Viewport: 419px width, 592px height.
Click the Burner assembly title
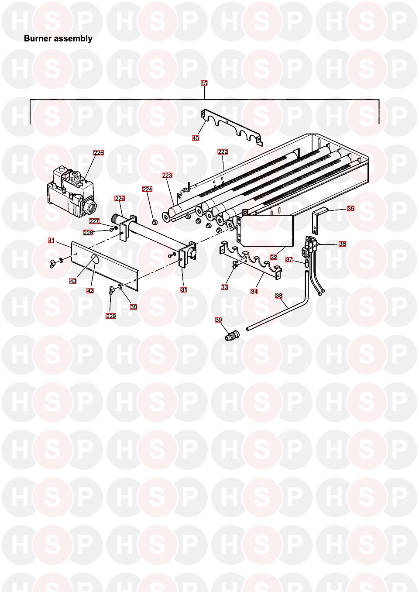[58, 38]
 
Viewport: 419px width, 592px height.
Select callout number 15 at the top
[204, 83]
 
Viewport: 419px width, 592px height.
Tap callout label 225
[99, 153]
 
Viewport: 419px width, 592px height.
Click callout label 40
[196, 138]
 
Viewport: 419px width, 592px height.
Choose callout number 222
[223, 152]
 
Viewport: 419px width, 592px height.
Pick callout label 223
[167, 176]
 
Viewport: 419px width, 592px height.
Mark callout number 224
[147, 189]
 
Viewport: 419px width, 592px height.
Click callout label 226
[120, 199]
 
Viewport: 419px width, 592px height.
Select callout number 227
[94, 221]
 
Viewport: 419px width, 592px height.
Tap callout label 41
[51, 241]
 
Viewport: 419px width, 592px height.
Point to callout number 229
[111, 316]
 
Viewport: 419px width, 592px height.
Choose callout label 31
[184, 290]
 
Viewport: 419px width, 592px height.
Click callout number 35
[350, 209]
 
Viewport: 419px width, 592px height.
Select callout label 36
[342, 244]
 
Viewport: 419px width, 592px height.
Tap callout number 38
[279, 296]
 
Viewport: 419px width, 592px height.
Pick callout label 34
[254, 292]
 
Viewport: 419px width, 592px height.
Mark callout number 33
[224, 287]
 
